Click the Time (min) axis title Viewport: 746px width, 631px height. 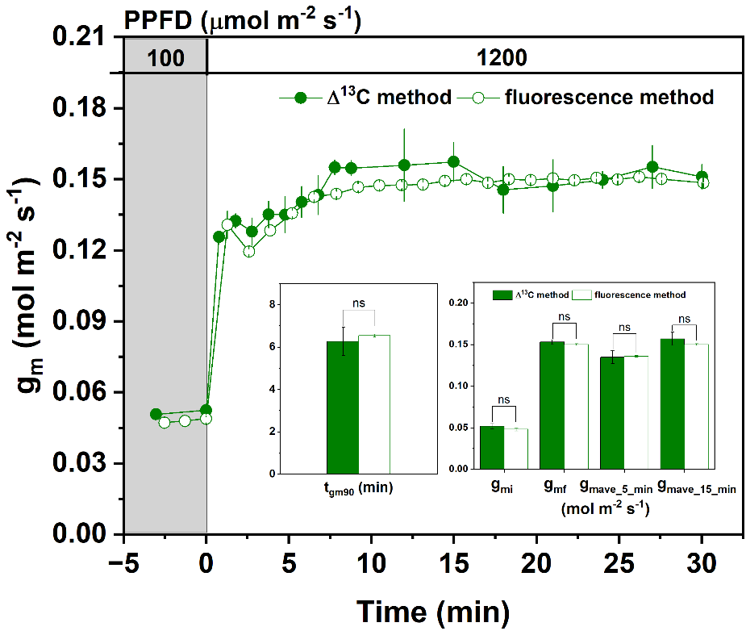pos(433,612)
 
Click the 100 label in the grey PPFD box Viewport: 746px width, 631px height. pos(165,58)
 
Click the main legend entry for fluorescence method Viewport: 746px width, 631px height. pos(610,98)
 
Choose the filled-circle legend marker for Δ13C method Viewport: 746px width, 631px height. pos(301,98)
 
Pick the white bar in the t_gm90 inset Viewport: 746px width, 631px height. pos(374,404)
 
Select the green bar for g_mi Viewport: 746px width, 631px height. pos(492,447)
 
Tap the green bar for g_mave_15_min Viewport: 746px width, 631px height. pos(672,403)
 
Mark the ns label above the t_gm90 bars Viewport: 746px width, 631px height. pos(359,304)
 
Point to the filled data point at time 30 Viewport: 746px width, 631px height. pos(702,177)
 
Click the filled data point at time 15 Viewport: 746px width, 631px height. pos(453,161)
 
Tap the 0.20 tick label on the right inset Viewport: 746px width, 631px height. pos(457,303)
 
